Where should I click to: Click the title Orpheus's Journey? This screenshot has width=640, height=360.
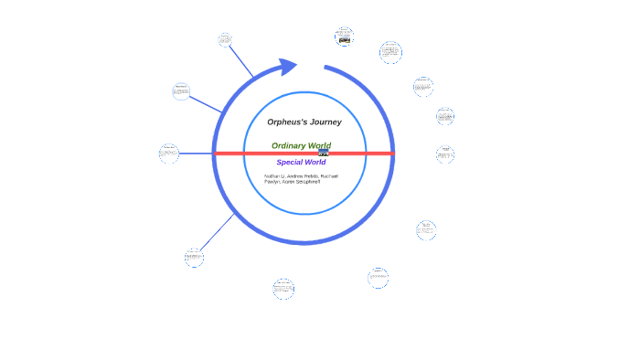click(x=304, y=122)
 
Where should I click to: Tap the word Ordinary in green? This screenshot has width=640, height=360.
click(x=289, y=145)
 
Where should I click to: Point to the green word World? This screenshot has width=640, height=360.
click(x=319, y=145)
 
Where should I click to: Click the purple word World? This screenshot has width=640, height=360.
click(x=315, y=163)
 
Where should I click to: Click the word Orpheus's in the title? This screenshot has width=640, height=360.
click(x=284, y=122)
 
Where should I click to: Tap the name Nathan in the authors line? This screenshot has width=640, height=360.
click(x=273, y=175)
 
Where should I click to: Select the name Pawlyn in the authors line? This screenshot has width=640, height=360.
click(x=272, y=181)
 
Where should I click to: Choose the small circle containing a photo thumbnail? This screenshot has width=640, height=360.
click(x=344, y=37)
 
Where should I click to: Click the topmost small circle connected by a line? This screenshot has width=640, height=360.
click(x=225, y=39)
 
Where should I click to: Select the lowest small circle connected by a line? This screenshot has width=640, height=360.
click(x=193, y=257)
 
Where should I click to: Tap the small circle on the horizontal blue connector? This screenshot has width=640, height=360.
click(x=169, y=153)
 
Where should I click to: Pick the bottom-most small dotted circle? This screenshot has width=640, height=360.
click(x=283, y=289)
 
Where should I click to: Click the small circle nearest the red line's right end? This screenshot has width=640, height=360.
click(x=444, y=154)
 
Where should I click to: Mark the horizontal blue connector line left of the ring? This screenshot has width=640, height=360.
click(x=196, y=153)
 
